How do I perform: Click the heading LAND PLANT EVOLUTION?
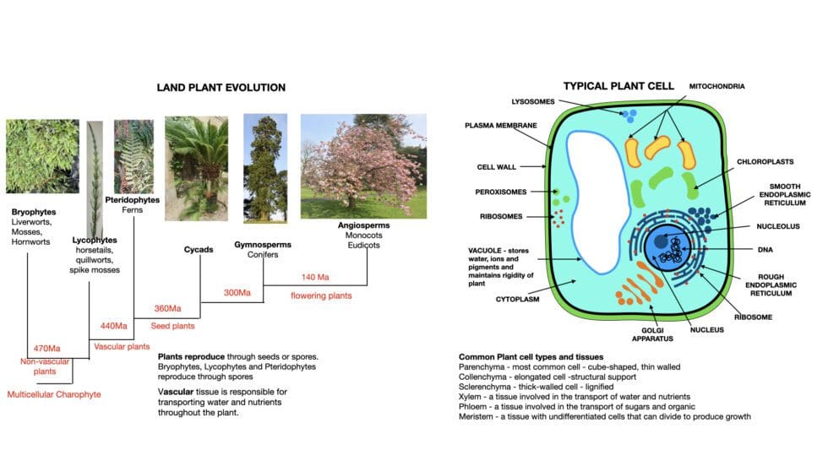click(x=221, y=88)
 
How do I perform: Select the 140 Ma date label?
click(x=314, y=276)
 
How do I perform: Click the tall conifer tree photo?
click(x=260, y=167)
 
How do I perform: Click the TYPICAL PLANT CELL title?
click(x=619, y=86)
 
